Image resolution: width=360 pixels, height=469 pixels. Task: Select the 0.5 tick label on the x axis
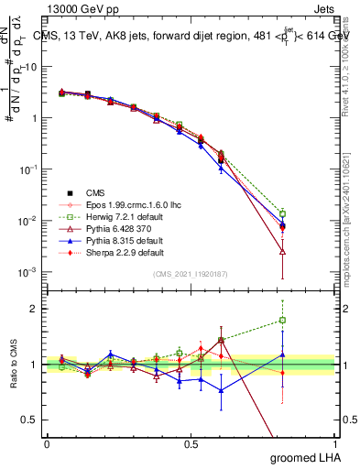tap(191, 443)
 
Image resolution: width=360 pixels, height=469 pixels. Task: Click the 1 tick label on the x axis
tap(334, 443)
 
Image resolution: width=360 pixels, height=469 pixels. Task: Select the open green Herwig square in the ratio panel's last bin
tap(282, 321)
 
